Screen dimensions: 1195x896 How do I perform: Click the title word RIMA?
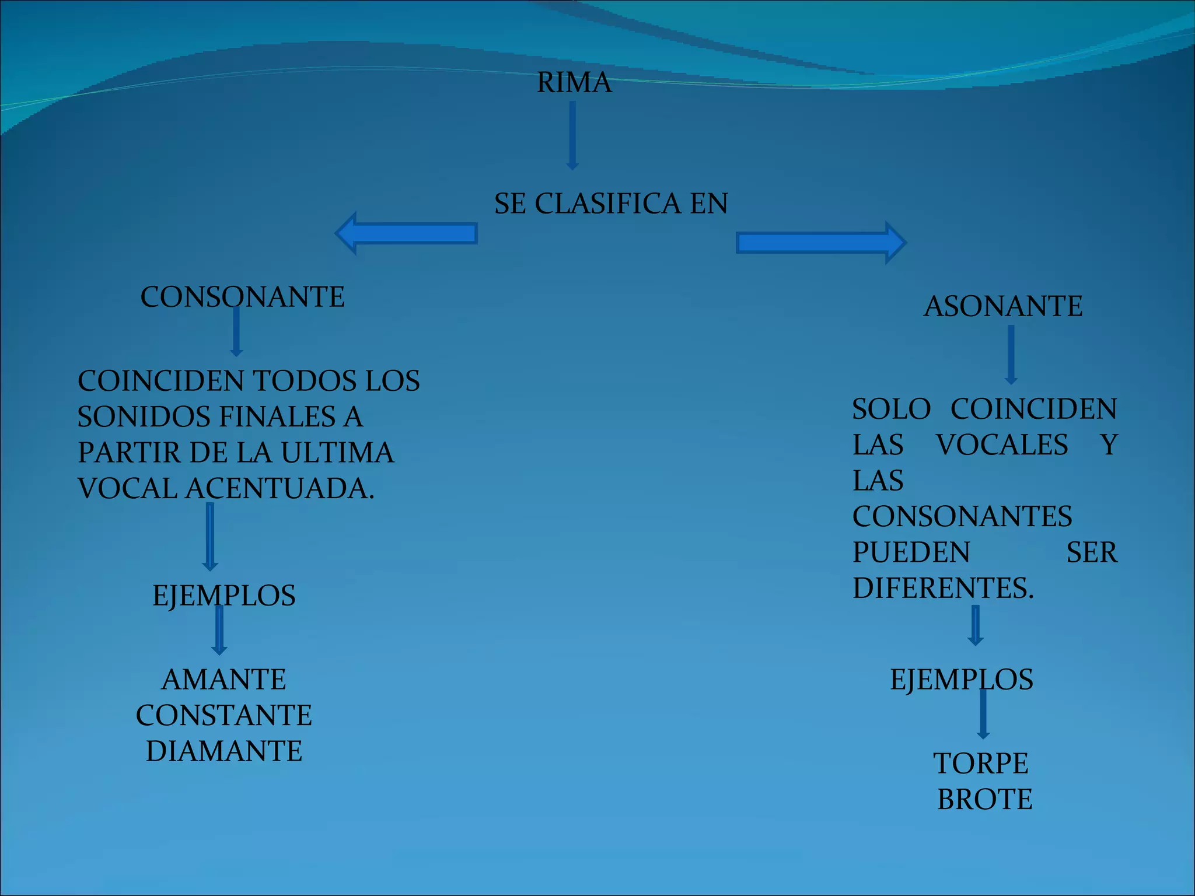point(574,82)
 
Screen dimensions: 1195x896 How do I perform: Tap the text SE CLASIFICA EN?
point(611,204)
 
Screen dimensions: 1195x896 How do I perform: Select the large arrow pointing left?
point(407,233)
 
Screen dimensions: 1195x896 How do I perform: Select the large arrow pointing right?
point(820,243)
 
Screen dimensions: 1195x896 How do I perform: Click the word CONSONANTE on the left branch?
point(242,297)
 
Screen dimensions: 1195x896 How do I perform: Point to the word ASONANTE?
point(1002,306)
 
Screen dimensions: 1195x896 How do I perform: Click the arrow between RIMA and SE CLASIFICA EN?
point(572,135)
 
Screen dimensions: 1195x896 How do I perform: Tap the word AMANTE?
point(224,680)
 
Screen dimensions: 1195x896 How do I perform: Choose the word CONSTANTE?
point(224,715)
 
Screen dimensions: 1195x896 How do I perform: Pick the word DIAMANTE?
point(224,751)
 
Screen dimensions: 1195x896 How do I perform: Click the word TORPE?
point(981,764)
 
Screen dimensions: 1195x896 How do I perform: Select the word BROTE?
point(984,799)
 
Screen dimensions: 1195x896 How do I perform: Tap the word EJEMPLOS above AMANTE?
point(224,596)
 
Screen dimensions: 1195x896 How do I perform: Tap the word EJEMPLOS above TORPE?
point(962,680)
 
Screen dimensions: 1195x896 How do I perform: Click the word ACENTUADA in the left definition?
point(279,488)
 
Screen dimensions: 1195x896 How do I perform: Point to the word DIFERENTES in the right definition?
point(943,588)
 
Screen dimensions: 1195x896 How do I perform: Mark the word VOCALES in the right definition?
point(1002,445)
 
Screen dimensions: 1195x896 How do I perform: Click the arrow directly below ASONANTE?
point(1011,354)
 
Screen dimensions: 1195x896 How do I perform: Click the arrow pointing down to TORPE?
point(983,714)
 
